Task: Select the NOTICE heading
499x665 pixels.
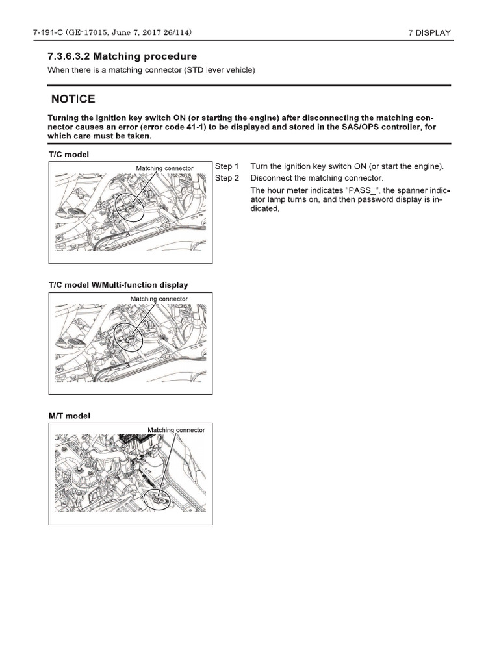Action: [73, 99]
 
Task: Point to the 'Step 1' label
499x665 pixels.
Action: [227, 166]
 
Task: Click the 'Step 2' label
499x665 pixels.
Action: [227, 178]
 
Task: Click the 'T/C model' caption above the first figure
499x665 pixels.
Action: [68, 155]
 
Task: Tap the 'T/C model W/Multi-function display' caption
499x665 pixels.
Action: [118, 284]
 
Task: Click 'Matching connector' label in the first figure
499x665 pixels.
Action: [164, 168]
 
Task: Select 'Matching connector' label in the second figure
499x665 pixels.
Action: [159, 299]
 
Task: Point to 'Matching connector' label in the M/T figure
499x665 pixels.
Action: [176, 430]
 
